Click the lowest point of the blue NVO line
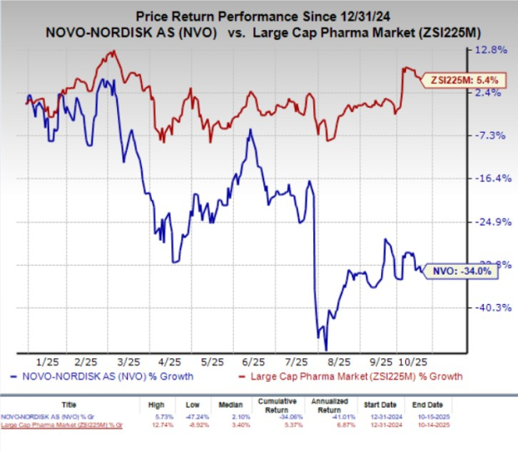coord(325,349)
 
